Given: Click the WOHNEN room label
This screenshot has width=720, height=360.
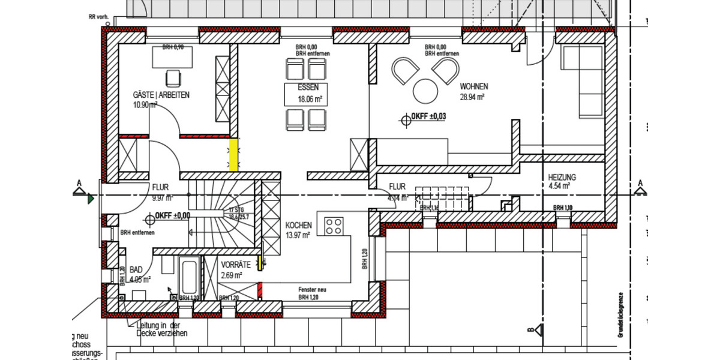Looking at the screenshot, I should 473,86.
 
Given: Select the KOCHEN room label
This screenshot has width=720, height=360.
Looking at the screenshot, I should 298,226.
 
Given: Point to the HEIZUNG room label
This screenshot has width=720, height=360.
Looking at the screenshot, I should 562,178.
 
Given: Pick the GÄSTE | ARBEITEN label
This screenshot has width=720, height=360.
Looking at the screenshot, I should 161,95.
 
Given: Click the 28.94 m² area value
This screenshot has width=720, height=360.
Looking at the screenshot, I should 472,96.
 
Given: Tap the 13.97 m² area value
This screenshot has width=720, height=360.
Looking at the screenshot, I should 298,235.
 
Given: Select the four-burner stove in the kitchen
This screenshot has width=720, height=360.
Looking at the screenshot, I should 334,226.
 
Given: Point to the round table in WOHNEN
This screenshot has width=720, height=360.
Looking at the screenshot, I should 426,91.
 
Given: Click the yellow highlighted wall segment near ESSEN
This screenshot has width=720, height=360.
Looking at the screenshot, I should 233,154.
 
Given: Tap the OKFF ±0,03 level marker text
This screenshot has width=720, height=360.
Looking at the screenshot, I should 428,116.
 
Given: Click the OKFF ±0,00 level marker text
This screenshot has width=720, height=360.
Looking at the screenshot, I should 172,215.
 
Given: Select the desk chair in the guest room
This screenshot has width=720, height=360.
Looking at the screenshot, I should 173,78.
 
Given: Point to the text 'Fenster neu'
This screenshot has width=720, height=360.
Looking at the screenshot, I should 312,289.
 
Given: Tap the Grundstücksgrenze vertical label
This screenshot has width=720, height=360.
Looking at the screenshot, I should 624,316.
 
